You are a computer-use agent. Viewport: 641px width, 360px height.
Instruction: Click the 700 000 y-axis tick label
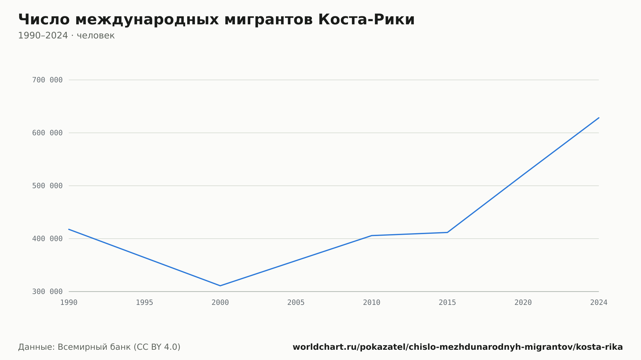point(47,80)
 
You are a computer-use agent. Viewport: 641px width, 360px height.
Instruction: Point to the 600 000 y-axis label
point(47,133)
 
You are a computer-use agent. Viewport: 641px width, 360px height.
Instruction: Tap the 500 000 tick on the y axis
point(47,186)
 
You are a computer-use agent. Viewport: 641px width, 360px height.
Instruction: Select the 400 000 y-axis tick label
point(47,239)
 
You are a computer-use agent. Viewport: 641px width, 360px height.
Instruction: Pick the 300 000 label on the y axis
point(47,291)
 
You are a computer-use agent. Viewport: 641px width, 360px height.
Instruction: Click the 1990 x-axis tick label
point(69,303)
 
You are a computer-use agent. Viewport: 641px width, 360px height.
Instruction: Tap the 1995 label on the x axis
point(145,303)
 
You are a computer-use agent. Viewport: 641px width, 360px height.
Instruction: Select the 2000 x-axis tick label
point(220,303)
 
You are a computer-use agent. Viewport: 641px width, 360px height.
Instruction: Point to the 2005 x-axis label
point(296,303)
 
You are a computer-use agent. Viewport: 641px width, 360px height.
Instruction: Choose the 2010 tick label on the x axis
point(372,303)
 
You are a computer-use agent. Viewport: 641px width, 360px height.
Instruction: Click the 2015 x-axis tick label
point(447,303)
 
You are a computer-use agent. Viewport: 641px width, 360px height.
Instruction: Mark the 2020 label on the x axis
point(523,303)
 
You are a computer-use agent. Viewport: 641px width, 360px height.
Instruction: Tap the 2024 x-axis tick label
point(599,303)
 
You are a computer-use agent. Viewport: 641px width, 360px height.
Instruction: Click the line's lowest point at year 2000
point(220,286)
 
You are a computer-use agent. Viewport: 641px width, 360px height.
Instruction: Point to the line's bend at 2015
point(447,232)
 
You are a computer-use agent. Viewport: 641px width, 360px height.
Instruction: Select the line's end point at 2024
point(599,118)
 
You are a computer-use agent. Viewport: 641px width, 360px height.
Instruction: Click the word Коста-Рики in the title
point(366,20)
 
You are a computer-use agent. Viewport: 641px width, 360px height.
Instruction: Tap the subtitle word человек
point(96,36)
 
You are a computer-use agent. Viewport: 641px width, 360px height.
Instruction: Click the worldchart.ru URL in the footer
point(458,347)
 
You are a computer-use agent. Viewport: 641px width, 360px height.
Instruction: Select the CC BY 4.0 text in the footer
point(157,347)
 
